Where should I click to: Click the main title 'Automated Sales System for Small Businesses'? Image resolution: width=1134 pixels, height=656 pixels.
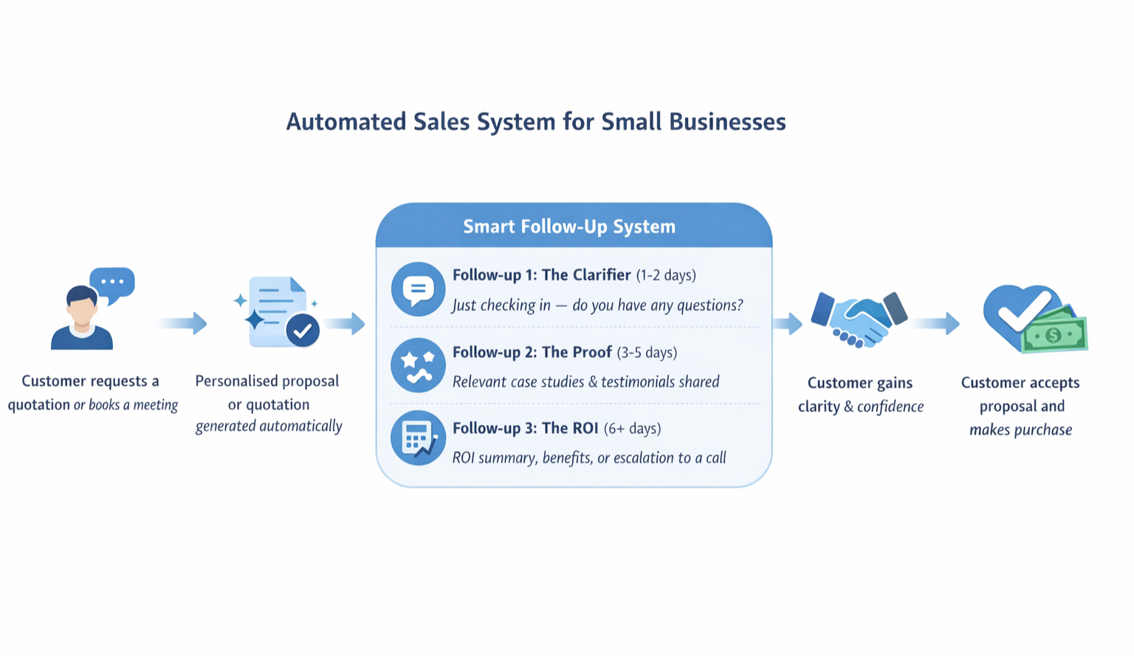tap(536, 122)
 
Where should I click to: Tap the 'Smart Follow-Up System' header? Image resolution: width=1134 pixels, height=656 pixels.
tap(569, 227)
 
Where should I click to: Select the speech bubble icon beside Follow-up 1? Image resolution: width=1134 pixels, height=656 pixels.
tap(418, 289)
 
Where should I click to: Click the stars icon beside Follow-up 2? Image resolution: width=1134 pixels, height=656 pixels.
tap(418, 365)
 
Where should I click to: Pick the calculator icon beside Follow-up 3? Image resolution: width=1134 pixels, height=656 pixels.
tap(418, 438)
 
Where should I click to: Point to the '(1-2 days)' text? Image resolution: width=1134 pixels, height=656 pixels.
tap(666, 275)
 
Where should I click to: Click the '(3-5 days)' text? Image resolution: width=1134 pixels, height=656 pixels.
tap(647, 353)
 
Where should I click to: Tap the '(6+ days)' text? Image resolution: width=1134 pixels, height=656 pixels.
tap(632, 429)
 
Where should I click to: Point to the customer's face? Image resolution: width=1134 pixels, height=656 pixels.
tap(81, 310)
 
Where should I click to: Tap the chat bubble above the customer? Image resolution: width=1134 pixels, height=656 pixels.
tap(112, 283)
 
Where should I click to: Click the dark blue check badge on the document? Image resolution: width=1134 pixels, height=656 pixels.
tap(302, 331)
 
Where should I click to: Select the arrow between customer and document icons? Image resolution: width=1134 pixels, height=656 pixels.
tap(182, 323)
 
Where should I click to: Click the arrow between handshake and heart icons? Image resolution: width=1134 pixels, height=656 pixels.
tap(935, 323)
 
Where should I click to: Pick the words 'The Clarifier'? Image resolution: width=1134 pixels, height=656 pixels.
tap(586, 275)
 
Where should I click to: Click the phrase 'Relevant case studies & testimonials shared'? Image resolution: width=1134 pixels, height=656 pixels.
tap(585, 382)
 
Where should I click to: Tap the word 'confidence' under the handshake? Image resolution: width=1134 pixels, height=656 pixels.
tap(890, 407)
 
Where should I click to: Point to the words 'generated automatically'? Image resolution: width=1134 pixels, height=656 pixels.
tap(269, 427)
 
